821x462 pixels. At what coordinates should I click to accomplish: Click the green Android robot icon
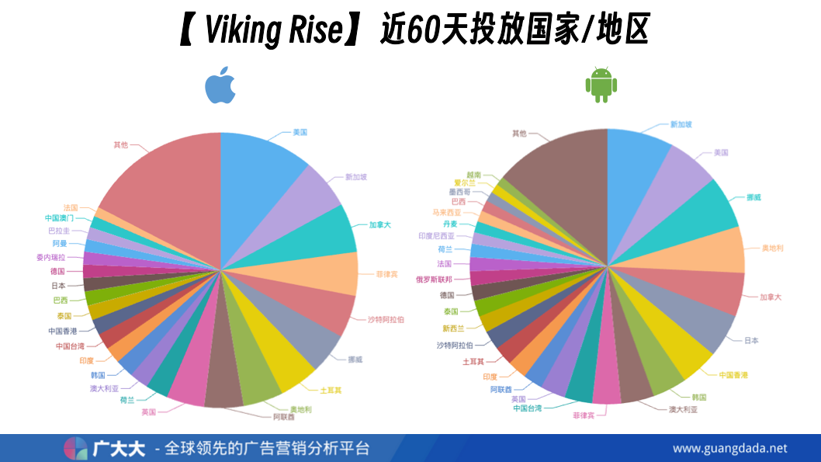[x=601, y=85]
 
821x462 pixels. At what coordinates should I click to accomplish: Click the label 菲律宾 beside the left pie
[x=387, y=274]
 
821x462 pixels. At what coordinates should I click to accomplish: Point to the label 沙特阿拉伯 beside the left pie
[x=386, y=319]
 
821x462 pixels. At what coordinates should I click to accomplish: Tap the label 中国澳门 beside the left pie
[x=59, y=218]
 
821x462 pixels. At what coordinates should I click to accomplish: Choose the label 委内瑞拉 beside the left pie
[x=50, y=257]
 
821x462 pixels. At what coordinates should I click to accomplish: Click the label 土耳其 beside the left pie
[x=331, y=390]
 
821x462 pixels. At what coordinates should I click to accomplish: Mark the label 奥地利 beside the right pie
[x=772, y=248]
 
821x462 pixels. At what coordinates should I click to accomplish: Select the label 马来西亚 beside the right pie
[x=446, y=212]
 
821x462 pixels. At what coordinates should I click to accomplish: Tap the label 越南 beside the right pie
[x=473, y=175]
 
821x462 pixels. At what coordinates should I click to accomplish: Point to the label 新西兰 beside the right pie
[x=453, y=328]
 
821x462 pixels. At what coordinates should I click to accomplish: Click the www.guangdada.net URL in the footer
[x=729, y=448]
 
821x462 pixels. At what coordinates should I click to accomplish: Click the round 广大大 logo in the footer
[x=76, y=449]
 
